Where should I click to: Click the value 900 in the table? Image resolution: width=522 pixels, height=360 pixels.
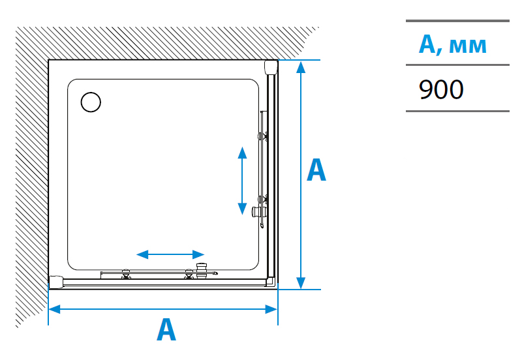point(441,89)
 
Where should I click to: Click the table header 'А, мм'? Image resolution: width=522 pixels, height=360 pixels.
point(452,44)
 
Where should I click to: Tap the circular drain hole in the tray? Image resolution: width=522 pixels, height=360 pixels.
point(91,102)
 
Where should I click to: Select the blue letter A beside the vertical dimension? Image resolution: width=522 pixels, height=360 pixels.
point(316,170)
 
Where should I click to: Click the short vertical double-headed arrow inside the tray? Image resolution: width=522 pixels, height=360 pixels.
point(242,180)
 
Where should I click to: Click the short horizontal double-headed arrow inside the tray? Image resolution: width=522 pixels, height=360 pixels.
point(170,254)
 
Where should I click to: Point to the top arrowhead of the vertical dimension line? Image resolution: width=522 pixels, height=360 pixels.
point(300,67)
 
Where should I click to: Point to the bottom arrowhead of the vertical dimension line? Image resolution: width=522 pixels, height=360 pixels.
point(300,282)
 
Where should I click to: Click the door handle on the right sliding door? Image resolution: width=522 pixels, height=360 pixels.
point(259,210)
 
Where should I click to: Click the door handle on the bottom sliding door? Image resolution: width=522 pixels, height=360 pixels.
point(205,269)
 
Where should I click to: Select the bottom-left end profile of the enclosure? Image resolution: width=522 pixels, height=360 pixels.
point(56,282)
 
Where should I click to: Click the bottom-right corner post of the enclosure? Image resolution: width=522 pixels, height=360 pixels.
point(271,282)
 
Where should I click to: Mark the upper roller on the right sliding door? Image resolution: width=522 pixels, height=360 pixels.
point(262,136)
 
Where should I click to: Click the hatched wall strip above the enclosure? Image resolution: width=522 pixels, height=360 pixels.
point(163,43)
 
